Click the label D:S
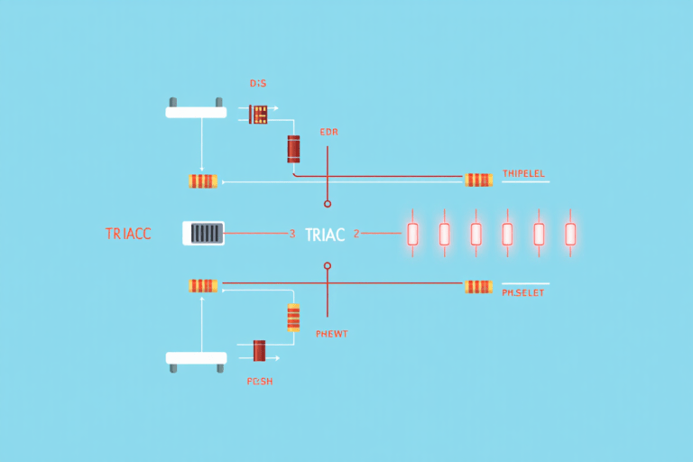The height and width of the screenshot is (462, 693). [258, 83]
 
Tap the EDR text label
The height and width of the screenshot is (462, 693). [328, 132]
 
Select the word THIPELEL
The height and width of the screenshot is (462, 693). [523, 172]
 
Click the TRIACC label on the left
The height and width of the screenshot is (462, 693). [128, 234]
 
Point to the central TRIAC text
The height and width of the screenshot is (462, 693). [325, 235]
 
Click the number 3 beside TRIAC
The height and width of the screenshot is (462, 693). [291, 234]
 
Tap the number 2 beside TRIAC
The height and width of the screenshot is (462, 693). [356, 234]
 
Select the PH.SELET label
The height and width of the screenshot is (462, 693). [522, 292]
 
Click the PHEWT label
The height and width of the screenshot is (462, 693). [332, 334]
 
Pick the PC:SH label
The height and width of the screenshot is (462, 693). [260, 382]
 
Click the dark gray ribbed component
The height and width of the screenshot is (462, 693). [205, 234]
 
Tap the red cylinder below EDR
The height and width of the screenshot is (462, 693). [293, 149]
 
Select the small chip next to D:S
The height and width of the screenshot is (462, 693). [259, 114]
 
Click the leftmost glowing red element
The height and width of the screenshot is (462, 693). [412, 234]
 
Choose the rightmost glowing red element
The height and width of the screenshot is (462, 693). [570, 234]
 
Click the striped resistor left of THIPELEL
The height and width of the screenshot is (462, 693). [478, 180]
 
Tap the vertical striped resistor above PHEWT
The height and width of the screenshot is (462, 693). [293, 318]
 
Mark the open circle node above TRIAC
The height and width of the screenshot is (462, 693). [328, 204]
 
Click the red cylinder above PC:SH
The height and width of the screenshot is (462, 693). [260, 351]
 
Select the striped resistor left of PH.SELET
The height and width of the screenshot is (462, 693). [478, 287]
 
